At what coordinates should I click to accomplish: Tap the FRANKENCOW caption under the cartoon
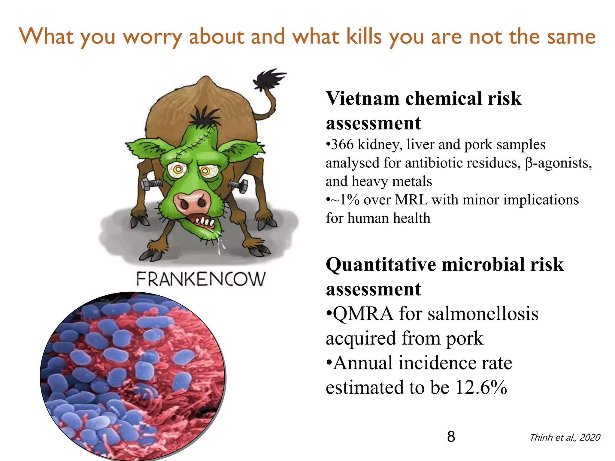click(x=201, y=279)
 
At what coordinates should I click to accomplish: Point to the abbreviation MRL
click(x=411, y=200)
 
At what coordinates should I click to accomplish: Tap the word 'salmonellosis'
click(x=483, y=314)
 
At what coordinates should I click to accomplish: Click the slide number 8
click(x=451, y=436)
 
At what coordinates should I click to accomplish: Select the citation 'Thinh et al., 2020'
click(x=565, y=438)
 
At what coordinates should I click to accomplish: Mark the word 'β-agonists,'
click(x=559, y=163)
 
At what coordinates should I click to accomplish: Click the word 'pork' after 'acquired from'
click(x=465, y=339)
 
